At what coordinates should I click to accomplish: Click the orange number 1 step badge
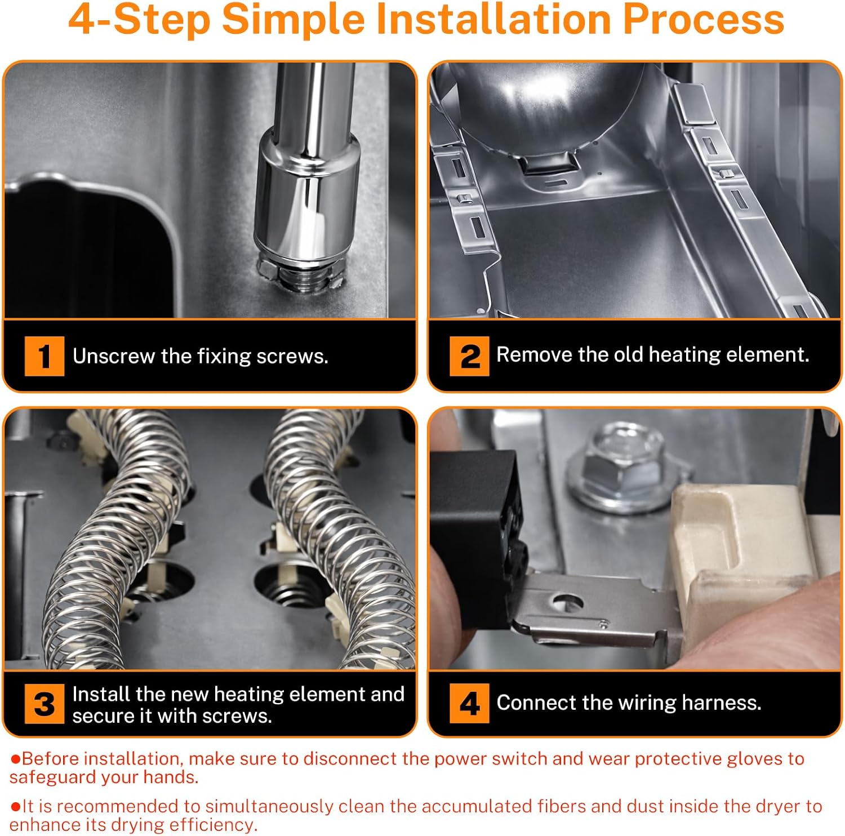45,356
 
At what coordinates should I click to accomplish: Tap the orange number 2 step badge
469,356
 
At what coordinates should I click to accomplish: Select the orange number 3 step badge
45,704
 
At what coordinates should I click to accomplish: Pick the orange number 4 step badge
469,703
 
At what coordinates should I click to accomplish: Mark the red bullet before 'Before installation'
16,759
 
